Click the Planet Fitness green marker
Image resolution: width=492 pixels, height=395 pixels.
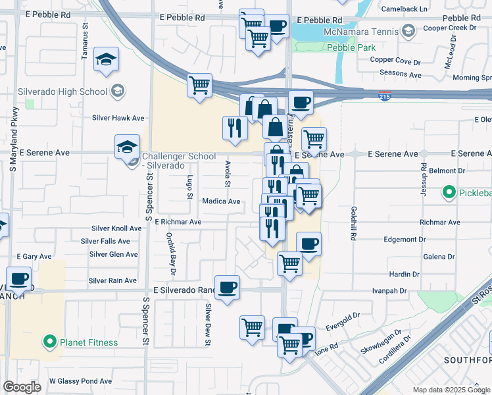pos(49,342)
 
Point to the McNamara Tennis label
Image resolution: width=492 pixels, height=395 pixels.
pos(362,31)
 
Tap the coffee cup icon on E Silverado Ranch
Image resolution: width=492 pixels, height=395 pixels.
pos(227,287)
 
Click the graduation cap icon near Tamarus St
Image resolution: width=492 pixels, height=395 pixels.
pos(105,61)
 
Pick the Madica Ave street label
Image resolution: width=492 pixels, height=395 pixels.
pos(221,201)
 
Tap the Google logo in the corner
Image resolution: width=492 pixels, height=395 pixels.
pos(22,387)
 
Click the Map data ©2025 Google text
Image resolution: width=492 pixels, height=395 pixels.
pos(451,390)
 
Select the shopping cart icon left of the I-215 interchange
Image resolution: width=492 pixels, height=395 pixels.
pos(199,85)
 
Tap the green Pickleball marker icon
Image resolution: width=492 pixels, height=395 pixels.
pos(449,192)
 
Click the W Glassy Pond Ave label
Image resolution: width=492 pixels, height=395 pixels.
pos(80,381)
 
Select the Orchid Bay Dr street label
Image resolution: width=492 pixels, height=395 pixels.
pos(171,253)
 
